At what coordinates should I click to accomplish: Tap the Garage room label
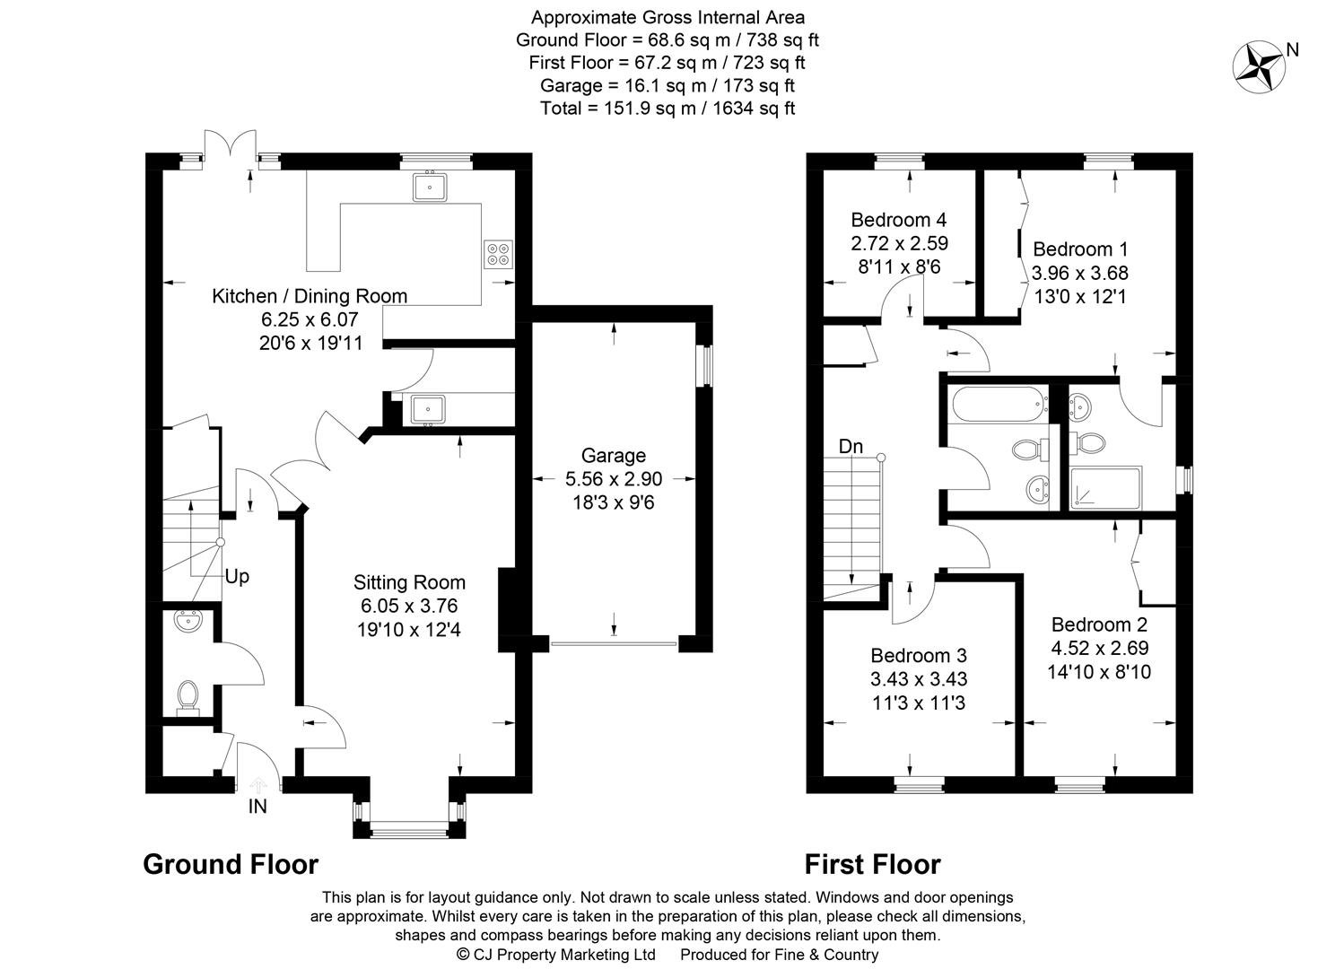pos(614,455)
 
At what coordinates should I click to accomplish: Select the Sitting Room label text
pos(409,582)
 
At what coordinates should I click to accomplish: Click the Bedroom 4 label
pos(899,220)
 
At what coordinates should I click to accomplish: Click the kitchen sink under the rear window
pos(429,187)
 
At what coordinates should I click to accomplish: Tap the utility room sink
pos(427,409)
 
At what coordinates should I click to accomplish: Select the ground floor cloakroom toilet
pos(188,696)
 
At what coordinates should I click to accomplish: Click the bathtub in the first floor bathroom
pos(1000,405)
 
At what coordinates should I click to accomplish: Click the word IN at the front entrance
pos(257,807)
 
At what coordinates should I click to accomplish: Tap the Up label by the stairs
pos(237,576)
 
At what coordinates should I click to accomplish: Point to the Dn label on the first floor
pos(851,446)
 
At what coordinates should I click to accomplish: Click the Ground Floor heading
pos(231,864)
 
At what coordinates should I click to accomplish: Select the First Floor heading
pos(873,864)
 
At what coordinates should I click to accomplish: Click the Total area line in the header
pos(667,109)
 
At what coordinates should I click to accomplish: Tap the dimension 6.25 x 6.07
pos(310,319)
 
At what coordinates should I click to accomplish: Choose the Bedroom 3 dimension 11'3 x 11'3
pos(919,703)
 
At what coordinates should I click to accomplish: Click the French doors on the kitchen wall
pos(231,146)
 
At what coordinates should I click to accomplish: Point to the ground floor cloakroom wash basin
pos(188,621)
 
